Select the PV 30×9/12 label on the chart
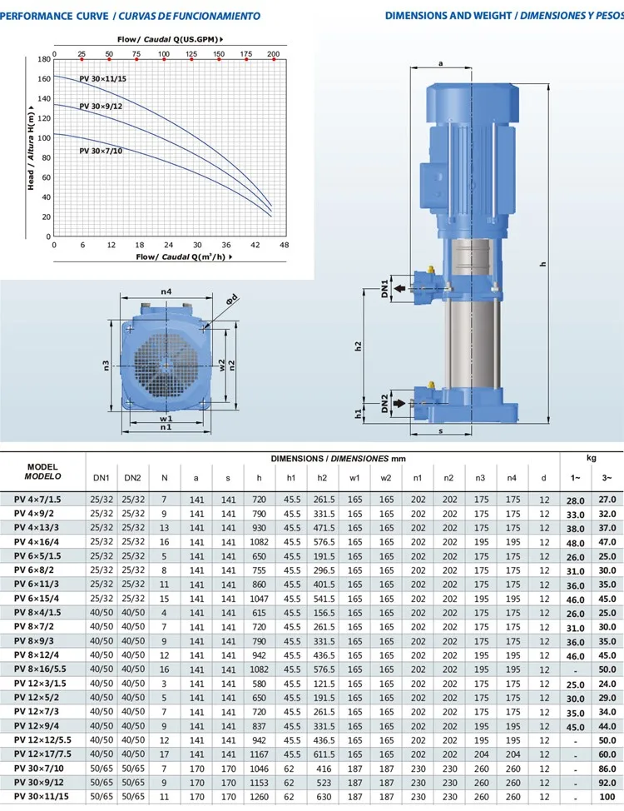(101, 107)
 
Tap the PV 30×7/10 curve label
(101, 151)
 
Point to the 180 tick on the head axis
(44, 60)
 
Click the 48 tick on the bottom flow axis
(284, 246)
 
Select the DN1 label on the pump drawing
(385, 288)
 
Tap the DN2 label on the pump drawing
(385, 403)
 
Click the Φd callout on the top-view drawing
(234, 298)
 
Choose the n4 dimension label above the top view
(166, 292)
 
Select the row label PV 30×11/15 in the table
(40, 797)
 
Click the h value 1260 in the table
(259, 797)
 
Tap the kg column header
(592, 458)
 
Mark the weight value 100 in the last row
(607, 797)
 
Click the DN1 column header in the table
(101, 478)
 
